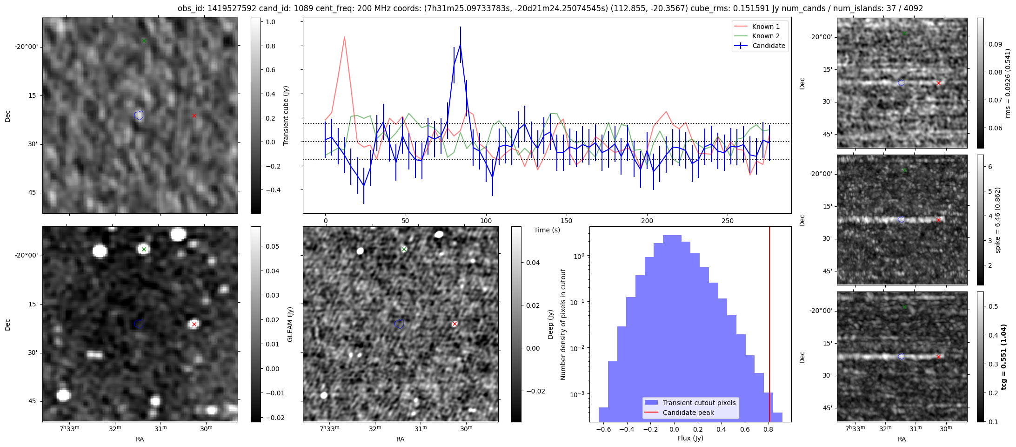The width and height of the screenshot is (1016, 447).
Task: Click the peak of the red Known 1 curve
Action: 344,37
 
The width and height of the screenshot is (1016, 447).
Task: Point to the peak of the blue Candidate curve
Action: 460,44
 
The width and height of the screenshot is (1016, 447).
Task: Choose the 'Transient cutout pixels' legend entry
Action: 699,403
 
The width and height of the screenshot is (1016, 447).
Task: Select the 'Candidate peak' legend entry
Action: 688,413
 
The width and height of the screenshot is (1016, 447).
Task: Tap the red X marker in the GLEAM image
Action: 194,324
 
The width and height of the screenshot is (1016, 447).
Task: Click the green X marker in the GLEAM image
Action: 144,250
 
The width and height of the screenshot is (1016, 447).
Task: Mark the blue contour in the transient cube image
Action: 139,115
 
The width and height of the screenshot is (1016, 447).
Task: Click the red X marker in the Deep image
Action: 455,324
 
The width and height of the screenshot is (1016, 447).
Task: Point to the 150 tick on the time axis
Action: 567,221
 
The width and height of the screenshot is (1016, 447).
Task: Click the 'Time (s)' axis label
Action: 547,230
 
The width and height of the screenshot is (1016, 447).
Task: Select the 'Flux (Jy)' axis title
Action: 690,438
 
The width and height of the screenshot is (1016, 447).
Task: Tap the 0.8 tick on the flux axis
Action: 769,429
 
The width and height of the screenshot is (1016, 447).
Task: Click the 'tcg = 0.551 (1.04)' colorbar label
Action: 1003,357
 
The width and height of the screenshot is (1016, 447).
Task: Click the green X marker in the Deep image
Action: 404,250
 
